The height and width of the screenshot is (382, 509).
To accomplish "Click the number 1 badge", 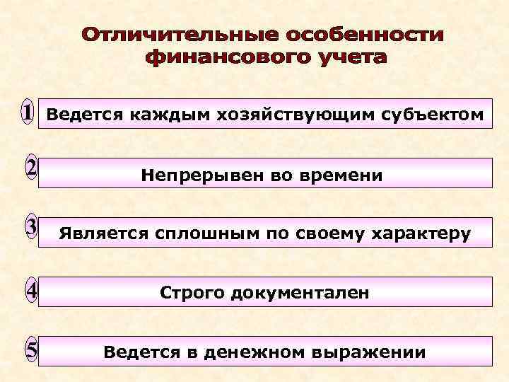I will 27,112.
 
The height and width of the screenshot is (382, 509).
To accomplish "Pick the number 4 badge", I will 30,289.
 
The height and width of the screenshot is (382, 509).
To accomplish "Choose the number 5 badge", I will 30,349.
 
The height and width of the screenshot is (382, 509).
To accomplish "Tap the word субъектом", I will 431,115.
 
